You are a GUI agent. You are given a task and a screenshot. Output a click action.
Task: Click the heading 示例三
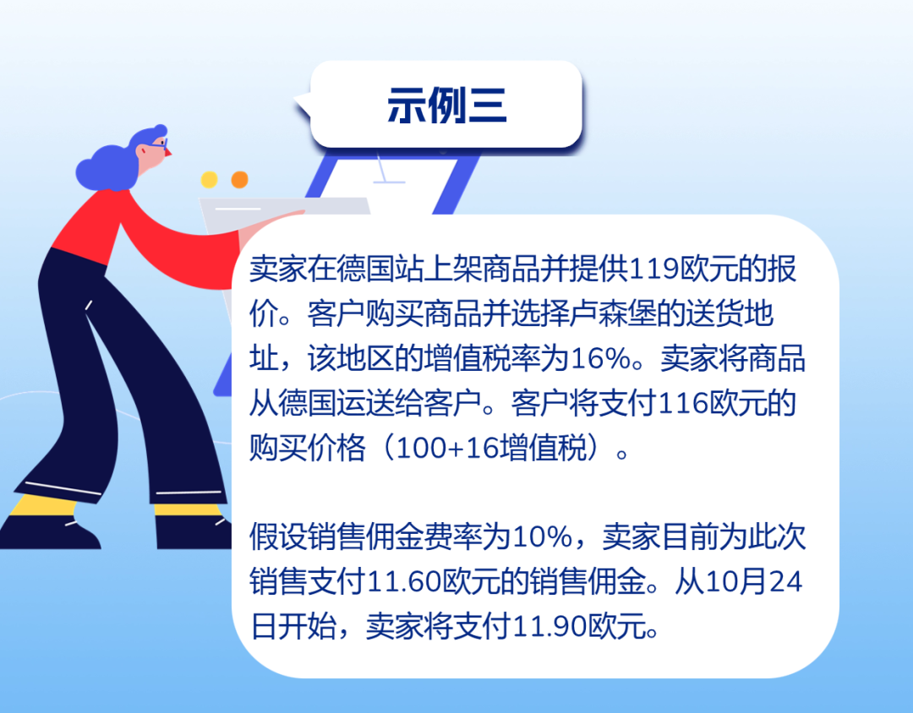(x=446, y=105)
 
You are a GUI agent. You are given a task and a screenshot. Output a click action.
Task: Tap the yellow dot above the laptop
(x=209, y=179)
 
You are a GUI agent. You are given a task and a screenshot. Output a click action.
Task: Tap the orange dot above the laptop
(x=239, y=179)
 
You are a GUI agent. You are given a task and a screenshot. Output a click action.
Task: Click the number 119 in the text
(x=653, y=269)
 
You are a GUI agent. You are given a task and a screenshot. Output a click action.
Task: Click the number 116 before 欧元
(x=682, y=403)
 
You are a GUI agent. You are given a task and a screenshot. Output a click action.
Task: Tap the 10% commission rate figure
(x=542, y=536)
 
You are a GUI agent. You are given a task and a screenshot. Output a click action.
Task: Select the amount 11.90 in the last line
(x=550, y=626)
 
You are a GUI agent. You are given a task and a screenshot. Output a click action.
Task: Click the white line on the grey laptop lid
(x=238, y=208)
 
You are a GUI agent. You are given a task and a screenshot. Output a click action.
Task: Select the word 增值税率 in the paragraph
(x=482, y=358)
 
